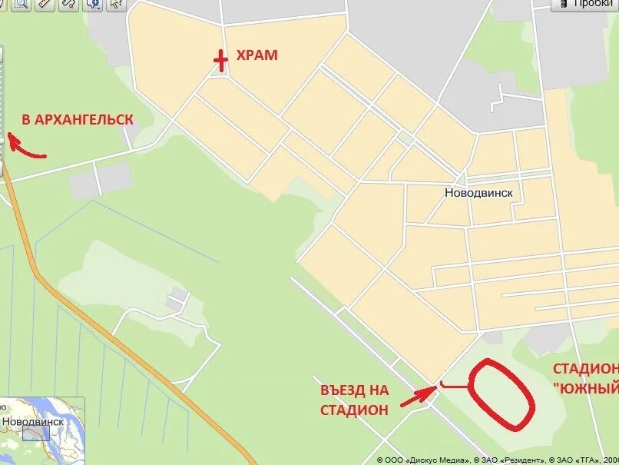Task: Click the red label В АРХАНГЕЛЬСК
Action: [77, 120]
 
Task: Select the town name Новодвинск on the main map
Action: [478, 193]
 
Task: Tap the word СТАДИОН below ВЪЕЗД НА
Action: [354, 410]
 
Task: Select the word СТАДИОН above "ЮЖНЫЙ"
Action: [585, 369]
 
